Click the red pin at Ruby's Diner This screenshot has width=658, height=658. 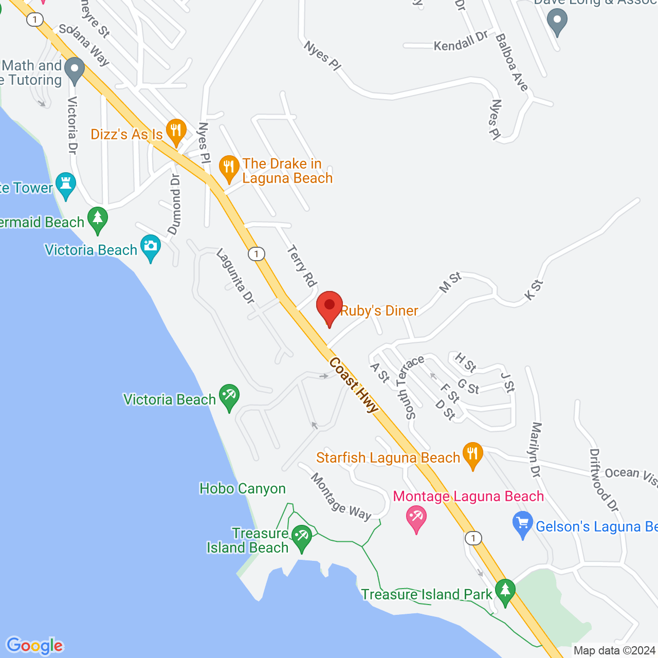click(x=330, y=306)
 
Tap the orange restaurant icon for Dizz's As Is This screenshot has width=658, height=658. click(x=176, y=131)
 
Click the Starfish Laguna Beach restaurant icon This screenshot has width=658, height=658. click(x=472, y=454)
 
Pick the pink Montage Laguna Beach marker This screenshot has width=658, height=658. click(x=416, y=518)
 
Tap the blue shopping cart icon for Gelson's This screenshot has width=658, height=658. click(x=523, y=525)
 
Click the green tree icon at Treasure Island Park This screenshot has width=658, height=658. click(x=505, y=591)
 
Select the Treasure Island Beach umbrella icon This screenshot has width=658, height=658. click(x=301, y=537)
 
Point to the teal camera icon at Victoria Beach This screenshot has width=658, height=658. click(x=151, y=247)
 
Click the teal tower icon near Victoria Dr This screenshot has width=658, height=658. click(x=66, y=185)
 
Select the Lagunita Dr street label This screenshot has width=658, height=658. click(x=235, y=276)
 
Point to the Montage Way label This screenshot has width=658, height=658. click(x=341, y=497)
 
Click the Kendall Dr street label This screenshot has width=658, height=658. click(x=461, y=41)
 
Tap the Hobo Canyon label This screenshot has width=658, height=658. click(x=243, y=488)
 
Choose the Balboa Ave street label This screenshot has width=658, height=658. click(x=511, y=63)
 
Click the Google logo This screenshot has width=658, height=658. click(x=35, y=646)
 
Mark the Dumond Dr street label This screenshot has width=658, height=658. click(x=175, y=205)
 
